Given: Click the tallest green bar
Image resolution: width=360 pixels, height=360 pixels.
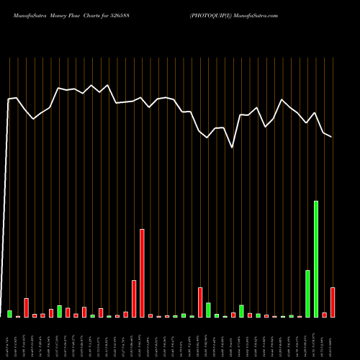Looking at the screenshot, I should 316,259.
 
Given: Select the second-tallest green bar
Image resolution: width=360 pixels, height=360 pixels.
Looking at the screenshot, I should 307,294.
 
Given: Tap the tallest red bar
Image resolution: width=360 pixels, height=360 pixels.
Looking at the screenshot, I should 142,273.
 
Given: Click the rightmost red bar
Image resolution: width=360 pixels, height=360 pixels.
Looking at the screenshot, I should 333,302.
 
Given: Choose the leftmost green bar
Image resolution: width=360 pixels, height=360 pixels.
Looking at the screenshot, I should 9,314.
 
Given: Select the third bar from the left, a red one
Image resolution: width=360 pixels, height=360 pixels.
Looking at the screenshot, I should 26,307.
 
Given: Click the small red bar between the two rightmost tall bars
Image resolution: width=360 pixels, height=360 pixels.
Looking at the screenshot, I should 325,315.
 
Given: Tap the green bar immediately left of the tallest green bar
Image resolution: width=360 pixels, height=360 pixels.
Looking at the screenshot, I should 307,294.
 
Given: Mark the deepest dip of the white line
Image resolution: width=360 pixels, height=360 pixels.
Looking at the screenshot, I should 232,148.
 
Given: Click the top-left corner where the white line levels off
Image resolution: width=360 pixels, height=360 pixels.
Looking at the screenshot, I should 9,99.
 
